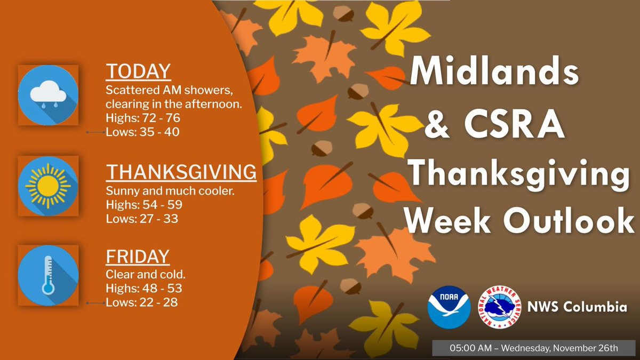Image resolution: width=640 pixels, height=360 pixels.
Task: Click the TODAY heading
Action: pos(138,71)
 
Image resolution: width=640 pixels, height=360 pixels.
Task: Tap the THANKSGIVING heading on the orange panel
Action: pos(181,172)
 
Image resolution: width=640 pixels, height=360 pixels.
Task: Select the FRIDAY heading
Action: pos(138,257)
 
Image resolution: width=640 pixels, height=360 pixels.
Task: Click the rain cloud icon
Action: pos(48,95)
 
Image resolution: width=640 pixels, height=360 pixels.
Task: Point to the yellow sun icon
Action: pos(48,186)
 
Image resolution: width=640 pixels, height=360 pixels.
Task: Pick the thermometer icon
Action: pos(48,275)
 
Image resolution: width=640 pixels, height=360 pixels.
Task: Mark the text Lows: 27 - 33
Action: pos(142,218)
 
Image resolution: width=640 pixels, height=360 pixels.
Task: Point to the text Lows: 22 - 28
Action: pos(142,302)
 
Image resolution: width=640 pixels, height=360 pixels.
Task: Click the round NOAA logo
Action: pos(449,308)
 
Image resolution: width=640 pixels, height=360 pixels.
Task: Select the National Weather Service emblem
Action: pos(500,308)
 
